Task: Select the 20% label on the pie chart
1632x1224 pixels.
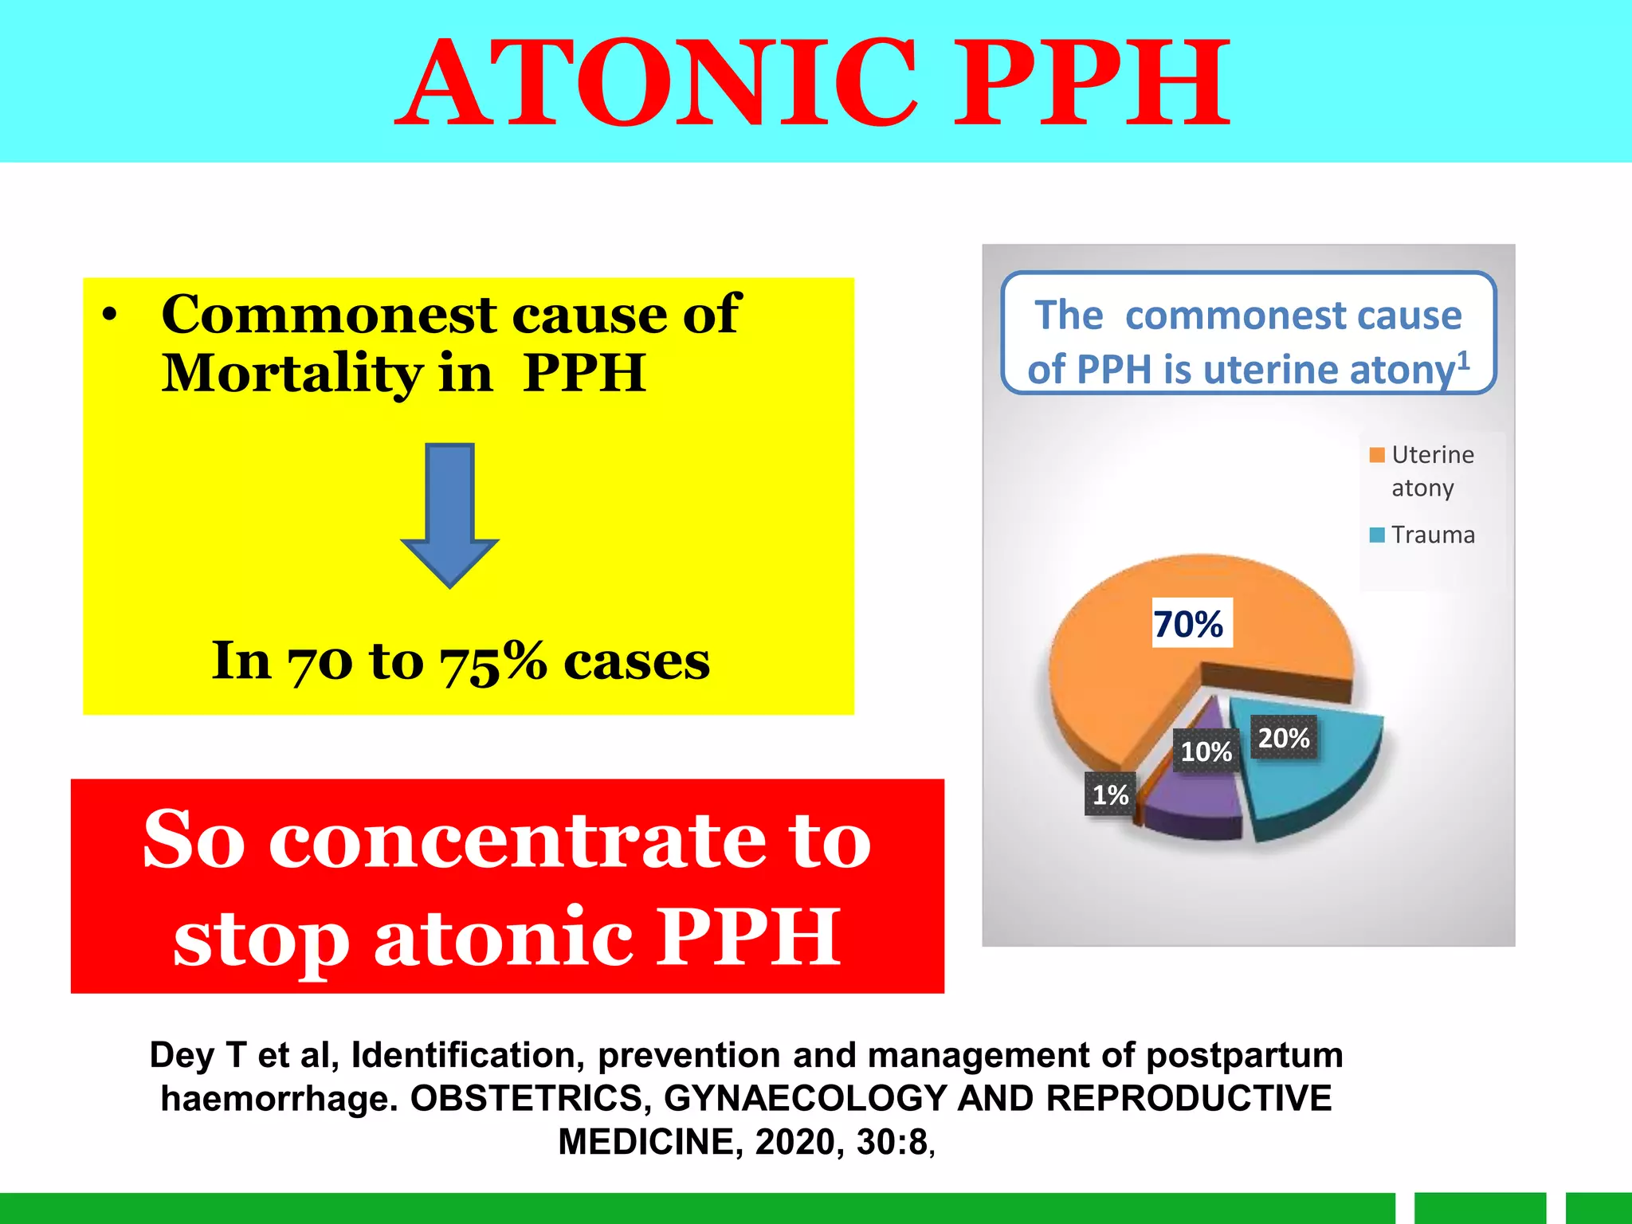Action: (x=1283, y=738)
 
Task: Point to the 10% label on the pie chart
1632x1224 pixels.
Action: (x=1206, y=751)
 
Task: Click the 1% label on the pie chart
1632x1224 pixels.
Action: (x=1109, y=794)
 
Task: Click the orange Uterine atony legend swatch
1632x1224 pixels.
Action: (x=1376, y=455)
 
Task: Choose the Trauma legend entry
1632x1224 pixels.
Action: (x=1432, y=535)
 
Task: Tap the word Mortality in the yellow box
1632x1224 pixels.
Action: (x=291, y=374)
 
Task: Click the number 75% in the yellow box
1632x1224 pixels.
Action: (x=493, y=662)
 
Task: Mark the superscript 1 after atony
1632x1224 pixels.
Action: (x=1463, y=359)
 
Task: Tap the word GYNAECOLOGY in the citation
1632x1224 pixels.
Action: (x=805, y=1098)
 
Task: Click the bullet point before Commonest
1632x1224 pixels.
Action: (x=111, y=316)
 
